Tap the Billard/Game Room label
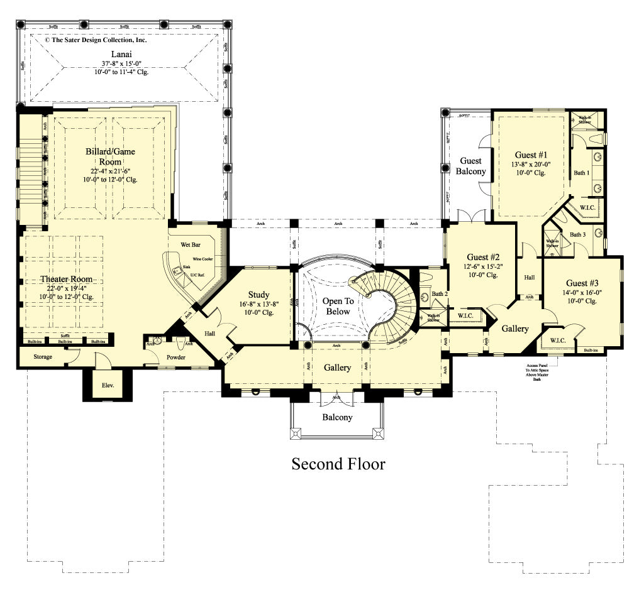pos(110,156)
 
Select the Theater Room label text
pos(66,279)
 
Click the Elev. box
pos(107,385)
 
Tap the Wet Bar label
pos(191,244)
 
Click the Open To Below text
pos(338,306)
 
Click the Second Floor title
pos(338,464)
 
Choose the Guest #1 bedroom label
pos(530,155)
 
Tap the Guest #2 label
pos(483,257)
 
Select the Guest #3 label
pos(582,283)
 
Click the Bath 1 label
pos(581,173)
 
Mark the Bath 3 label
pos(577,234)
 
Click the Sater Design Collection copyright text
pos(95,40)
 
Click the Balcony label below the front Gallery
pos(337,417)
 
